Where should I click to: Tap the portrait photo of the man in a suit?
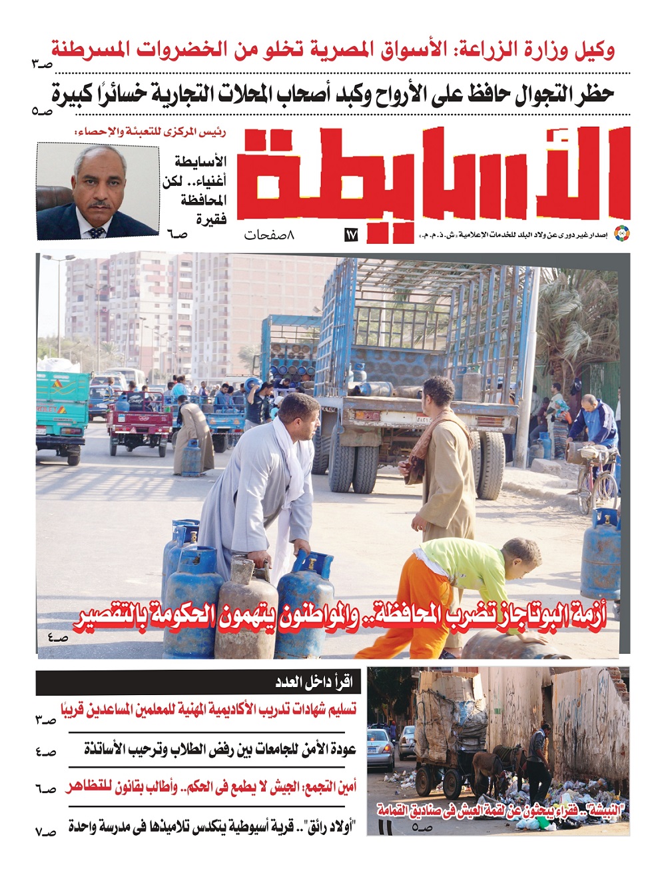[x=97, y=191]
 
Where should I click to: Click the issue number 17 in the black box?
[x=351, y=235]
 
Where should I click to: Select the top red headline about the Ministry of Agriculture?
[x=333, y=50]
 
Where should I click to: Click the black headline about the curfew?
[x=333, y=95]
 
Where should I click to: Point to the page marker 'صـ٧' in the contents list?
[x=46, y=830]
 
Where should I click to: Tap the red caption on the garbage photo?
[x=503, y=810]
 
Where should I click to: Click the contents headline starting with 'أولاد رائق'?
[x=213, y=828]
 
